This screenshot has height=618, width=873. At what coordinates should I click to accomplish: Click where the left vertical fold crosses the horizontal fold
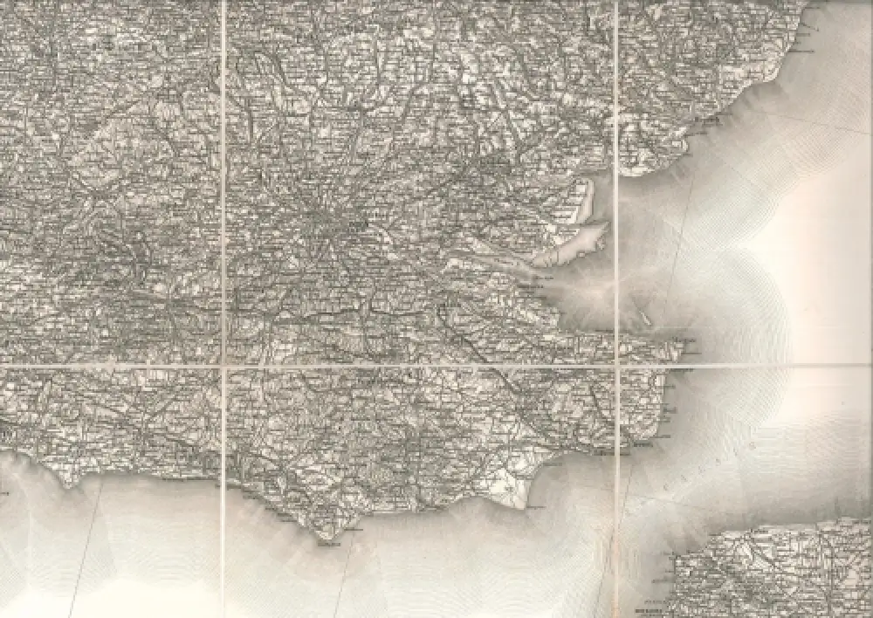223,367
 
